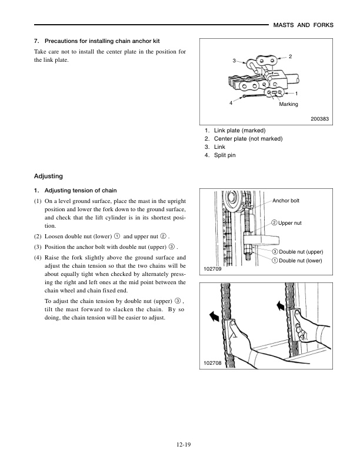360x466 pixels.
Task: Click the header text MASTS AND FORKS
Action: point(304,25)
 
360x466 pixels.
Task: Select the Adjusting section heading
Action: point(48,176)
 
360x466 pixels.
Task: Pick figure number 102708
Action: point(213,364)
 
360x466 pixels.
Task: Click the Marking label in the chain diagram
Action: point(288,104)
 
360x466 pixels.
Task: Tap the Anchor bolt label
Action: point(286,201)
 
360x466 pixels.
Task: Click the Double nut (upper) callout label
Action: point(297,252)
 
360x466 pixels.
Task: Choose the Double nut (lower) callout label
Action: point(297,261)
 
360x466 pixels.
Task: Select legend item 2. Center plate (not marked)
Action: point(244,138)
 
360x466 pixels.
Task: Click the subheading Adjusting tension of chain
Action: point(76,191)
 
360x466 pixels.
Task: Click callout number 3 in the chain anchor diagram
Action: point(234,61)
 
